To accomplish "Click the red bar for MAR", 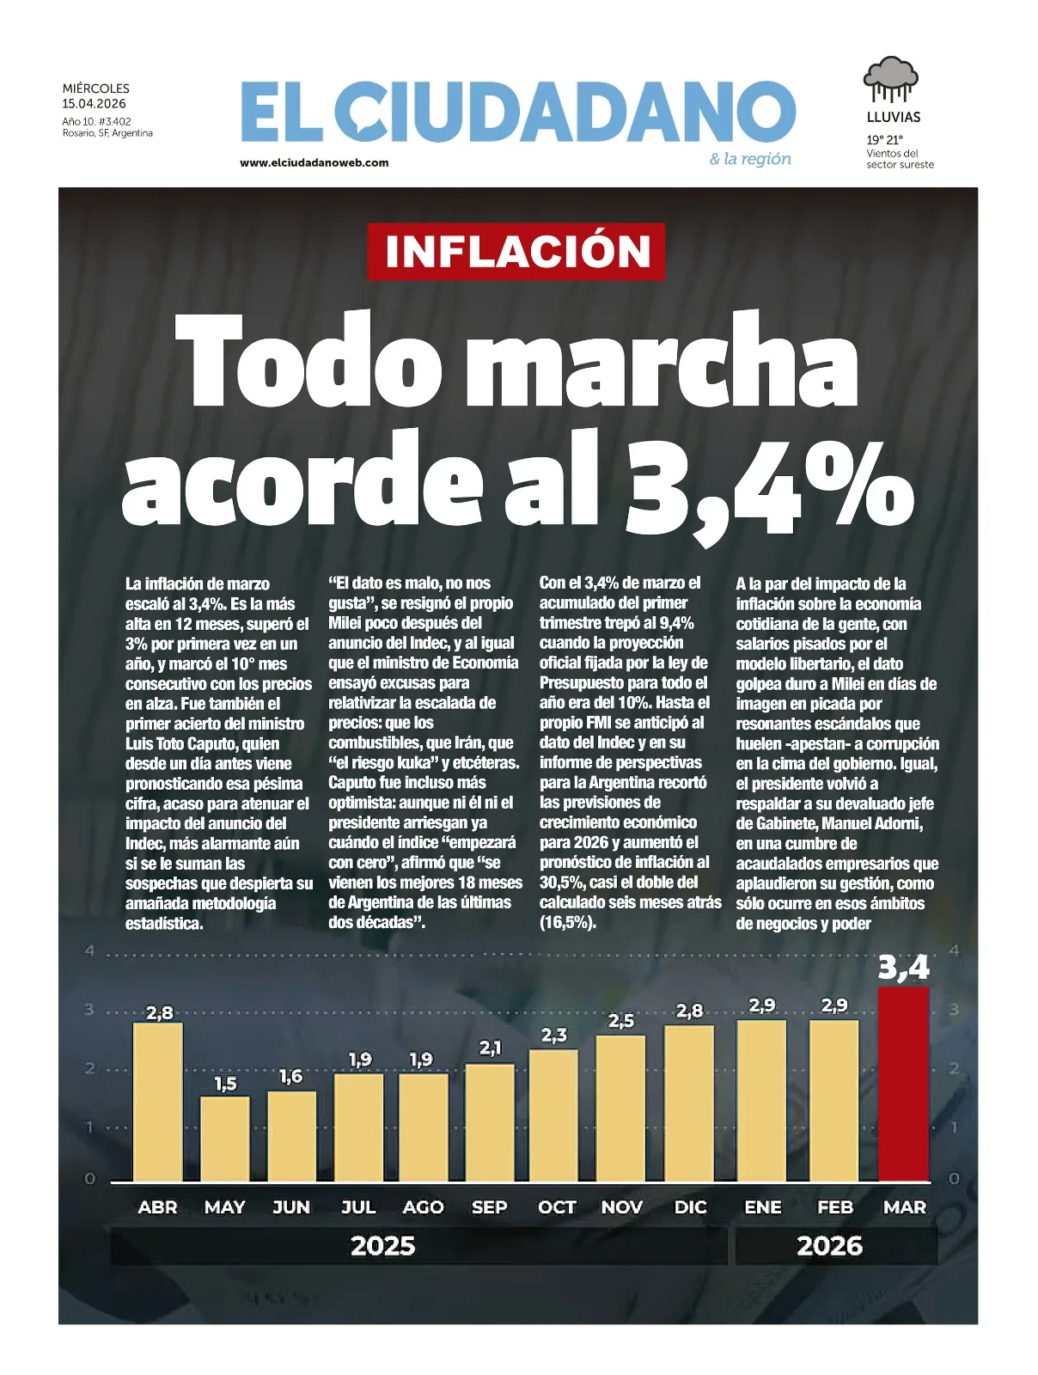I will coord(903,1085).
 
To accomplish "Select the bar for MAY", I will coord(225,1139).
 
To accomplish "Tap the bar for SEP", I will coord(490,1122).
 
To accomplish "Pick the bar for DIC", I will coord(689,1103).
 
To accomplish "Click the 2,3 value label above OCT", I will coord(554,1036).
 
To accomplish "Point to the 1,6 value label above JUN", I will coord(290,1077).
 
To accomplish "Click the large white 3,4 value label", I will coord(903,969).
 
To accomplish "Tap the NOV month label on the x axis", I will coord(622,1207).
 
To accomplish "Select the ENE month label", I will coord(763,1207).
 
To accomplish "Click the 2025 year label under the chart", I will coord(383,1246).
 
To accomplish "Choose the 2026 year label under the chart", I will coord(829,1246).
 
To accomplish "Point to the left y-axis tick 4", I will coord(89,951).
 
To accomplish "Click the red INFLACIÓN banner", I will coord(517,251).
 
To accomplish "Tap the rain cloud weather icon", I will coord(891,80).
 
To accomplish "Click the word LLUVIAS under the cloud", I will coord(893,118).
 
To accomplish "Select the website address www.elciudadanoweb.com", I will coord(314,162).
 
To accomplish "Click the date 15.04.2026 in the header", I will coord(94,104).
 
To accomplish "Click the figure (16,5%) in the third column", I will coord(568,923).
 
